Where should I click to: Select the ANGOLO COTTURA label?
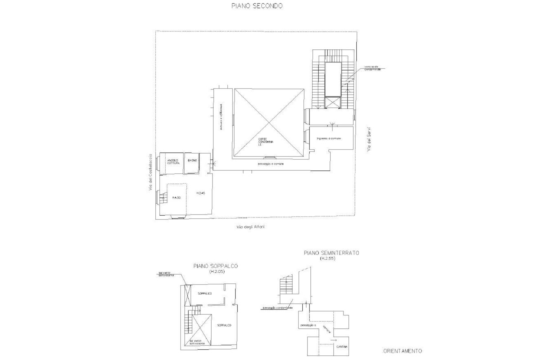[173, 162]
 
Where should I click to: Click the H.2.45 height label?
[200, 193]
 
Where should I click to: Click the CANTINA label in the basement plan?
[340, 347]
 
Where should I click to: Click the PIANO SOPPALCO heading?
[216, 266]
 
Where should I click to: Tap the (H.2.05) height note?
[216, 272]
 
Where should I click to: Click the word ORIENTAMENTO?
[403, 351]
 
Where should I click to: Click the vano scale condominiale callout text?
[373, 69]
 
